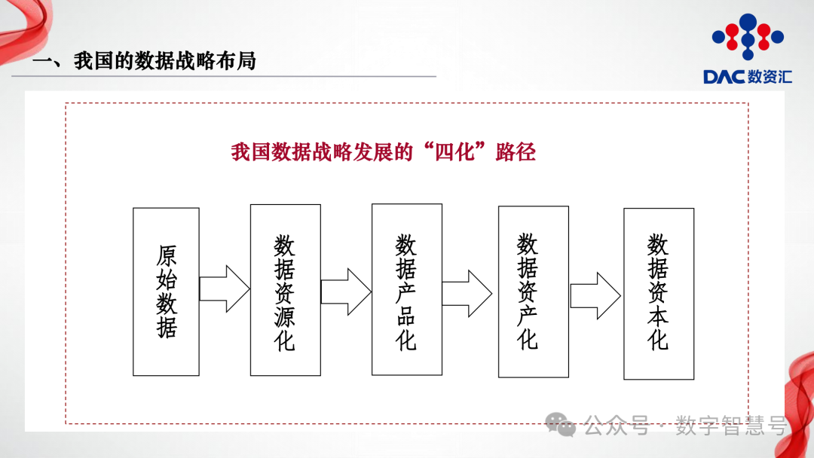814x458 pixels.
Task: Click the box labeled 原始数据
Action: coord(166,292)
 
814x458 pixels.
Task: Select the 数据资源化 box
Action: coord(285,290)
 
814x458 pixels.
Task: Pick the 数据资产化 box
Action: coord(533,292)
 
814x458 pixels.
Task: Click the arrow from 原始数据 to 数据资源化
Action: coord(224,289)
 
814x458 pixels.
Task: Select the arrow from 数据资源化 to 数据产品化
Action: coord(346,291)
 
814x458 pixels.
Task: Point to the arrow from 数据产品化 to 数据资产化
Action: coord(467,293)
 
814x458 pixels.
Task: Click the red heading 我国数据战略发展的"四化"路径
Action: coord(383,152)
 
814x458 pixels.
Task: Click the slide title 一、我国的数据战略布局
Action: coord(144,61)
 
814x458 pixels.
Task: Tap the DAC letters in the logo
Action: coord(724,77)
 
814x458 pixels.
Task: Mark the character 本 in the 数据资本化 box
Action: coord(658,316)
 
